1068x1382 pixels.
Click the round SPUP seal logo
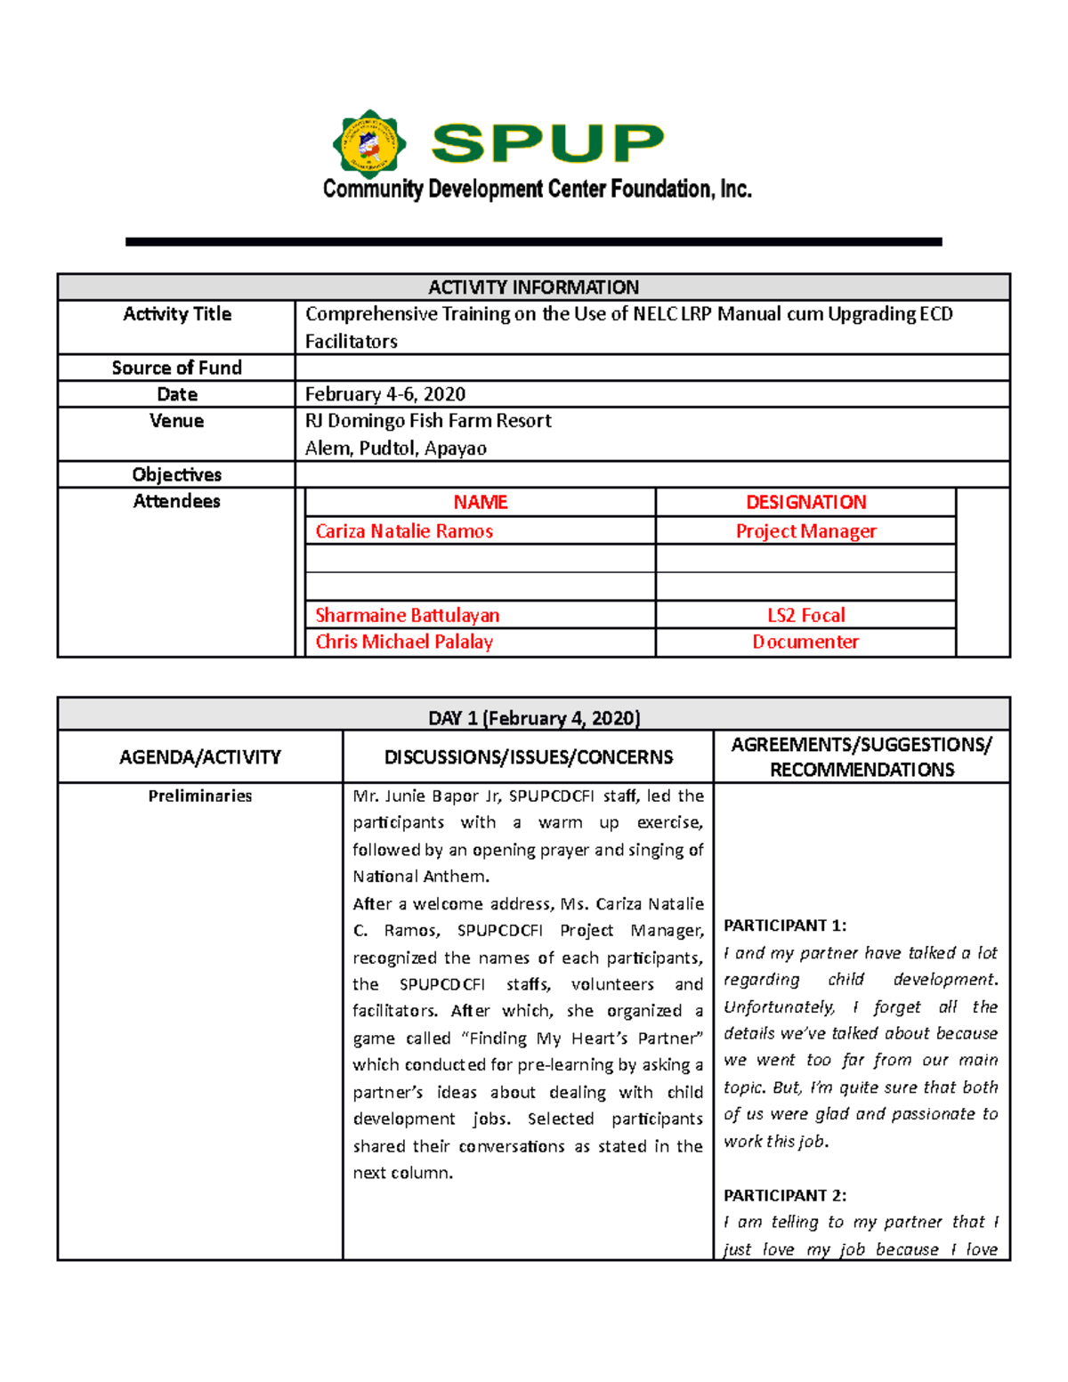pos(369,144)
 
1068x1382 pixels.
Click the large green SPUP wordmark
pos(547,143)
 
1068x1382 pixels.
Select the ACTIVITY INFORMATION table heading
pos(533,287)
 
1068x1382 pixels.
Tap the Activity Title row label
pos(177,314)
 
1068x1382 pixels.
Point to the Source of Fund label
pos(176,368)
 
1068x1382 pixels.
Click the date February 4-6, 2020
pos(384,394)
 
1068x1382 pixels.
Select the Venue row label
pos(176,421)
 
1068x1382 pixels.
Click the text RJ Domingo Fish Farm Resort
pos(428,421)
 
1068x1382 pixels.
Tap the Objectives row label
pos(176,474)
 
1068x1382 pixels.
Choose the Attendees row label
pos(176,501)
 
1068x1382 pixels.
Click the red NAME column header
pos(480,502)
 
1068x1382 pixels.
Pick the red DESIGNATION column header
pos(805,502)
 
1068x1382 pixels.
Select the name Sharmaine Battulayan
pos(407,615)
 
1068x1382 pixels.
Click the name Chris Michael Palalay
pos(404,642)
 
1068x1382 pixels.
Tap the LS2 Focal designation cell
pos(805,615)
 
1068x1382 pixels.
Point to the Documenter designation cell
pos(805,642)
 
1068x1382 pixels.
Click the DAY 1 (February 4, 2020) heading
pos(533,718)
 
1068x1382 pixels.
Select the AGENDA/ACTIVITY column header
pos(200,757)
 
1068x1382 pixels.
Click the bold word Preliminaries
pos(200,796)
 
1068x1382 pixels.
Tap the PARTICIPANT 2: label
pos(784,1195)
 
